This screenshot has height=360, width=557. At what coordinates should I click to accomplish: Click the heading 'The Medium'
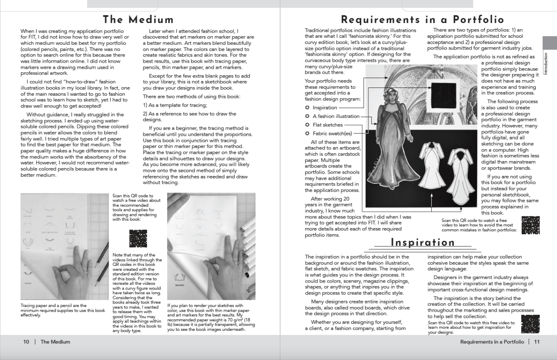138,20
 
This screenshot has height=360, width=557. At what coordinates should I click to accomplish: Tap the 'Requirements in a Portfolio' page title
422,20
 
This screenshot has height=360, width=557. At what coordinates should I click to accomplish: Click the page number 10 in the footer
26,342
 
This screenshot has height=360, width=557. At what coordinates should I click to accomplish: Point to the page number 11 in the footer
537,342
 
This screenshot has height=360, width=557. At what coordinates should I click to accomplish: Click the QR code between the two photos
138,239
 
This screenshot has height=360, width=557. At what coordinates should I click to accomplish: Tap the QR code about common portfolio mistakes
530,225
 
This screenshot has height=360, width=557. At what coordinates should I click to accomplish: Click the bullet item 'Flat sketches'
328,125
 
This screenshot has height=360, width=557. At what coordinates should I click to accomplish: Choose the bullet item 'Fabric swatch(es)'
332,134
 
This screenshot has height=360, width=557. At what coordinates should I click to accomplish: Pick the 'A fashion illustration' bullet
336,116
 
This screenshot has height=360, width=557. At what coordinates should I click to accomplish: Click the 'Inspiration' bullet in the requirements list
325,108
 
